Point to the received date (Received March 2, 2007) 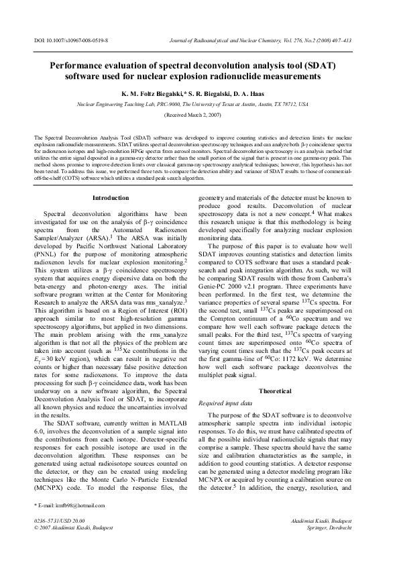(x=198, y=115)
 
